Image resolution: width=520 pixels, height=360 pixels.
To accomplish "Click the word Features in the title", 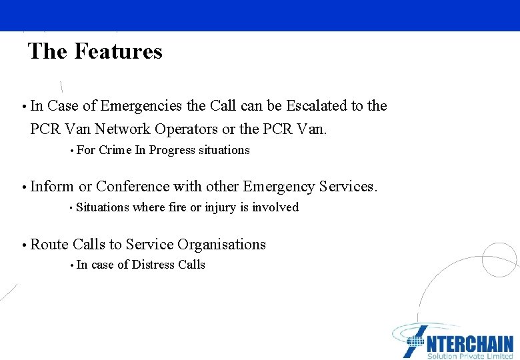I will pyautogui.click(x=118, y=51).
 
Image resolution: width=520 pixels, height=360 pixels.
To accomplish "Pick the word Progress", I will pyautogui.click(x=172, y=150).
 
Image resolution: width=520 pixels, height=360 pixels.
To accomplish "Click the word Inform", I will pyautogui.click(x=52, y=187).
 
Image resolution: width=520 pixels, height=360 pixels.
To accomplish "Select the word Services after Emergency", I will pyautogui.click(x=347, y=187).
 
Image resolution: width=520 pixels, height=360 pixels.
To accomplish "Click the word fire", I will pyautogui.click(x=177, y=207).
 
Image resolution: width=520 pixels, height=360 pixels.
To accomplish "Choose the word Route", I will pyautogui.click(x=49, y=245).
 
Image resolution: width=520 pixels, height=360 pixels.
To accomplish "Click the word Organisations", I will pyautogui.click(x=217, y=245).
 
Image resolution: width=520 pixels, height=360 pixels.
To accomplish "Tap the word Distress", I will pyautogui.click(x=153, y=265).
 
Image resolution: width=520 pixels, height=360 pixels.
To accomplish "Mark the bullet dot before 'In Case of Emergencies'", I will pyautogui.click(x=23, y=107).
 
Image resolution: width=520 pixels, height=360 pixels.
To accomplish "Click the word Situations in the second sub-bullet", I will pyautogui.click(x=103, y=207).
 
